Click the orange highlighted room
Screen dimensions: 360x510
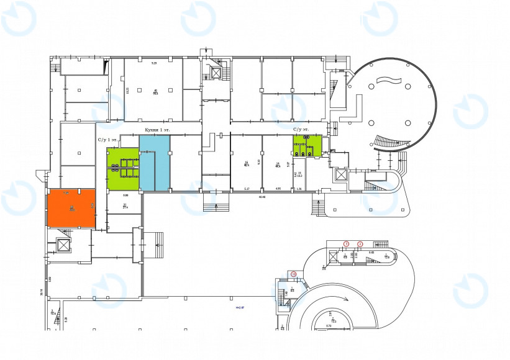point(71,208)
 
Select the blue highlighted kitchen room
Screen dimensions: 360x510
point(154,163)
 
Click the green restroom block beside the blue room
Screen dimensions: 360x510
point(122,169)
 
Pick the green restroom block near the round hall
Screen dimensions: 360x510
point(307,145)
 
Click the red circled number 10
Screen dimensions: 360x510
point(293,274)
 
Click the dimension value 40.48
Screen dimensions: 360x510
point(262,197)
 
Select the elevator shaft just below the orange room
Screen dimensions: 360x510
point(64,244)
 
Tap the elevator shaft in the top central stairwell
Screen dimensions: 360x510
point(216,73)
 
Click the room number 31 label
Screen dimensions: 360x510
point(125,205)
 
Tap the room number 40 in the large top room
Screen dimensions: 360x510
point(155,91)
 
